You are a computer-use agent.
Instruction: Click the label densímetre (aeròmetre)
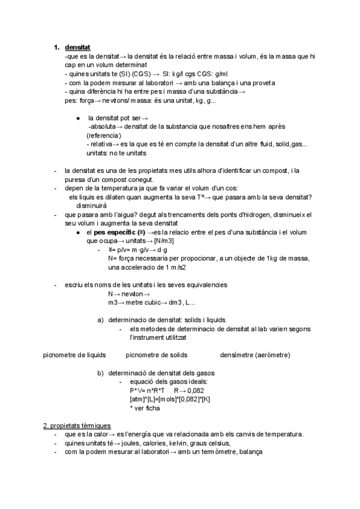[x=255, y=355]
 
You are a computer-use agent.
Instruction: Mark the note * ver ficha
[x=144, y=408]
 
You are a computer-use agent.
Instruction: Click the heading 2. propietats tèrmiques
[x=77, y=426]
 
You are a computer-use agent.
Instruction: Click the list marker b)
[x=101, y=373]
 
